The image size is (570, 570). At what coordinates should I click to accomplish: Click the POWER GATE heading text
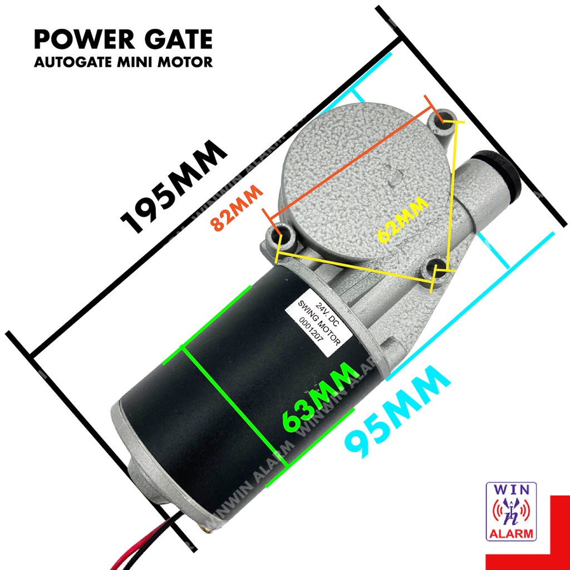[x=123, y=40]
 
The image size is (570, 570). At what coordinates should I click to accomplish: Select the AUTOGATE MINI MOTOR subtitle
[x=123, y=61]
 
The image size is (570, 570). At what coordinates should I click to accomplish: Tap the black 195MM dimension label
[x=174, y=187]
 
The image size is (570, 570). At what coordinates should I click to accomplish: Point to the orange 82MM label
[x=237, y=208]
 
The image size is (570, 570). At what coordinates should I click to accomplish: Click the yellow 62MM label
[x=402, y=219]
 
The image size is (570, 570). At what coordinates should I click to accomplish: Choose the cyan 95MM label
[x=397, y=411]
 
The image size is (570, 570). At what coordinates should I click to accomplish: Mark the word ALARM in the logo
[x=512, y=534]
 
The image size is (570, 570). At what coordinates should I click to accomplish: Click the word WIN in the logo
[x=512, y=490]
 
